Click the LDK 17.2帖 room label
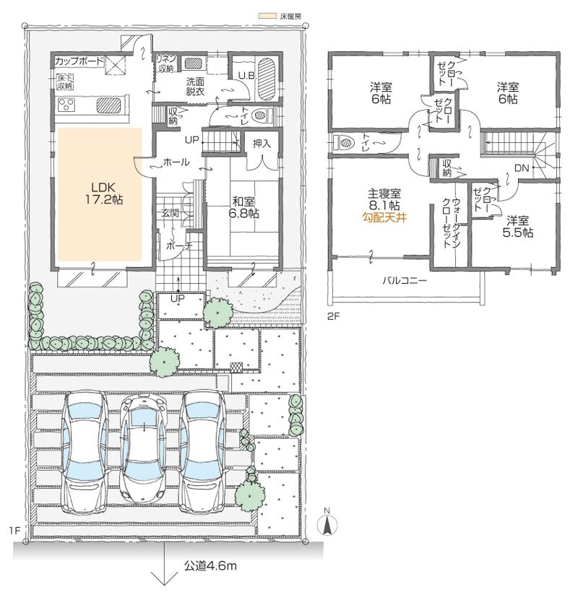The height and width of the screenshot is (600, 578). pyautogui.click(x=101, y=193)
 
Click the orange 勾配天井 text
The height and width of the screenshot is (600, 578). pyautogui.click(x=384, y=216)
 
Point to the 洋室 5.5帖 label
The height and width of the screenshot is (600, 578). pyautogui.click(x=519, y=226)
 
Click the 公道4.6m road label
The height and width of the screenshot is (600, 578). pyautogui.click(x=210, y=565)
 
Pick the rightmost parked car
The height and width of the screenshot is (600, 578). pyautogui.click(x=207, y=452)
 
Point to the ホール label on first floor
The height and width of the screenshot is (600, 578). pyautogui.click(x=177, y=163)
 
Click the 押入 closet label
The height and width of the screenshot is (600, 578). pyautogui.click(x=262, y=144)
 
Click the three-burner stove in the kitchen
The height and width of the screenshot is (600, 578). pyautogui.click(x=67, y=105)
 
